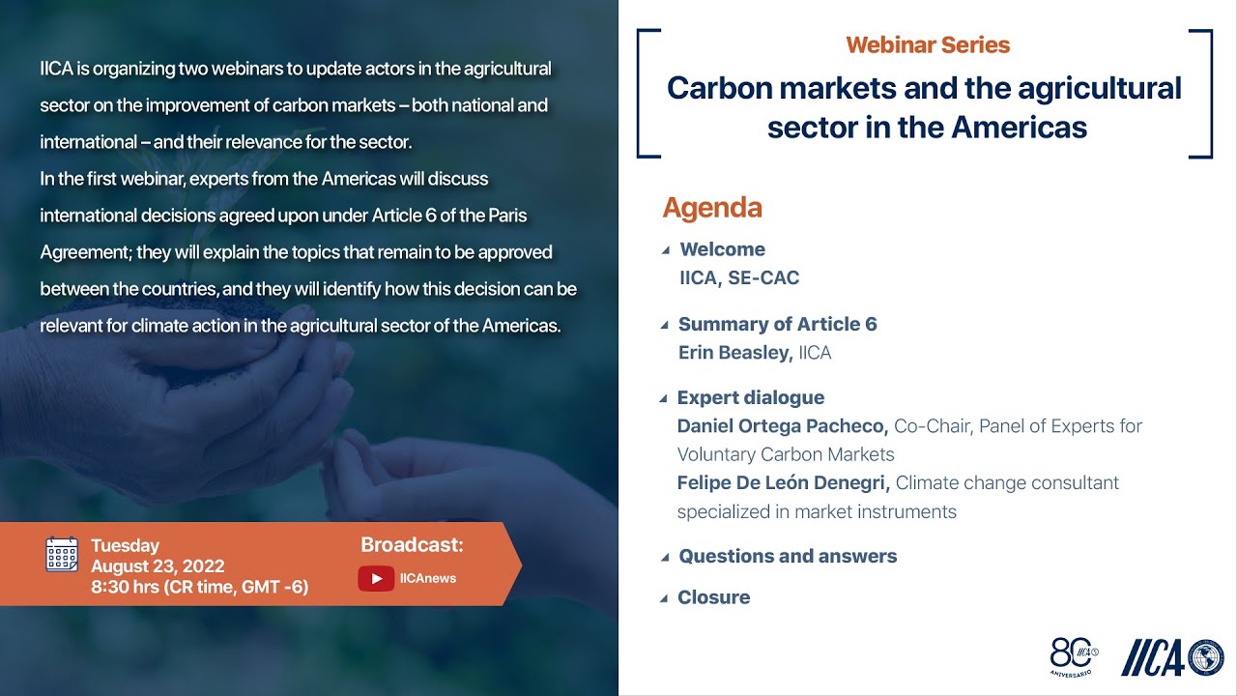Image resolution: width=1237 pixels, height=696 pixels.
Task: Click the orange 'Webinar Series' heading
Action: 928,45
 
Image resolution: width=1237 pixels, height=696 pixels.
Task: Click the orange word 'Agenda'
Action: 712,208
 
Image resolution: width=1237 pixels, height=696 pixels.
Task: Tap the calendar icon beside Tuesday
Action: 62,554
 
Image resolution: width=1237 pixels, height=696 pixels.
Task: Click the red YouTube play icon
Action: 375,578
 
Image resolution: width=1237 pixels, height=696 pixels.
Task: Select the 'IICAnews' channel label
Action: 427,579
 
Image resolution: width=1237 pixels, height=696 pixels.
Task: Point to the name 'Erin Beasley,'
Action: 734,353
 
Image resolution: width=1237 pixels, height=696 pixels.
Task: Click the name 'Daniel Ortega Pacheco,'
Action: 782,426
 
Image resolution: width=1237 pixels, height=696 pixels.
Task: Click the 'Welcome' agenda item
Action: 722,249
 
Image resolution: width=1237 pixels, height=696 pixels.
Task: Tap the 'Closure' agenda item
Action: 713,597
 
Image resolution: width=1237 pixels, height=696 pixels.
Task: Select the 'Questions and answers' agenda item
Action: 788,556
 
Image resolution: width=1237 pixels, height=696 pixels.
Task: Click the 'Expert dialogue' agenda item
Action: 750,397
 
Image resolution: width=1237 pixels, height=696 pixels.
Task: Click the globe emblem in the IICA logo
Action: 1205,657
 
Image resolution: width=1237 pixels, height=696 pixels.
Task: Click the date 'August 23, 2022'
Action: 158,566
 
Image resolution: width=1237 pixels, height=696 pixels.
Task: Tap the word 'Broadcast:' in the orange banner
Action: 412,545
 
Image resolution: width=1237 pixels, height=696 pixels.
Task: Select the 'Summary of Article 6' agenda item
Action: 777,324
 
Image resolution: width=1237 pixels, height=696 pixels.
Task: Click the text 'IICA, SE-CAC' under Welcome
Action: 739,278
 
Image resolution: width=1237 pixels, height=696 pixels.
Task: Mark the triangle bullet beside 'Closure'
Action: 664,598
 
